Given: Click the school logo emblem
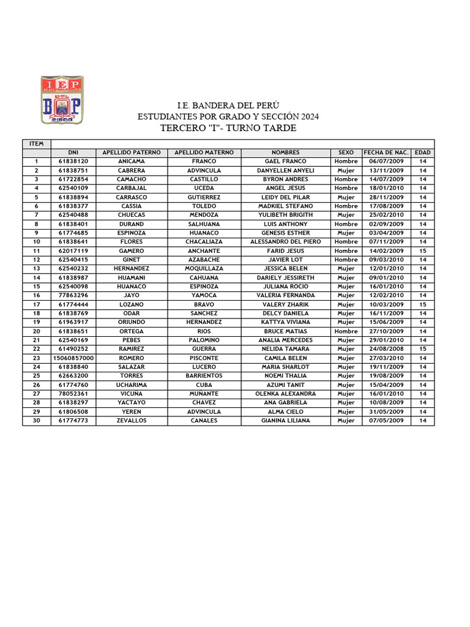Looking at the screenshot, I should pos(61,100).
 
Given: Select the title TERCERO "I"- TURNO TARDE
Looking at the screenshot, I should pos(228,128).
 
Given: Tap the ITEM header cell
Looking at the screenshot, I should pos(37,144).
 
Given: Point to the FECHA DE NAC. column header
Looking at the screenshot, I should pos(386,152).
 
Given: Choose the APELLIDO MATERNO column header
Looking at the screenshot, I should pos(204,152).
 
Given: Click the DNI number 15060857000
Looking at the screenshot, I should pos(73,358).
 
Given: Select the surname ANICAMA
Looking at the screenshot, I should pos(132,162).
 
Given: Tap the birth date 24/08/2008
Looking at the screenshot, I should pos(386,349).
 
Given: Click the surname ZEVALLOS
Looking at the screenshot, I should pos(132,421).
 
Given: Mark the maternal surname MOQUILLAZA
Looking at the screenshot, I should pos(204,269).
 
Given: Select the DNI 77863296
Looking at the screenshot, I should pos(73,296).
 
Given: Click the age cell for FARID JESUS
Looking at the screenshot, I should pos(422,251).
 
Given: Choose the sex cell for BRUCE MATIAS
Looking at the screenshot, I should pos(346,331).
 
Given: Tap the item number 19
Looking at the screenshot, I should pos(37,322).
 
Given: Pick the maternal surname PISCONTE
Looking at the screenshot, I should pos(204,358).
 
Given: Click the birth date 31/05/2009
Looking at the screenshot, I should pos(386,412).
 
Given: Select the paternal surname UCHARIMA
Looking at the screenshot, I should pos(132,385).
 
